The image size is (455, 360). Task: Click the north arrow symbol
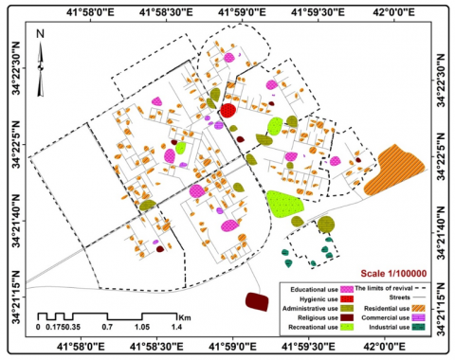coord(42,63)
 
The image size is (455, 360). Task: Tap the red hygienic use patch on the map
coord(228,111)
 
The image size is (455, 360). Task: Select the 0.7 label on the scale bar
coord(106,326)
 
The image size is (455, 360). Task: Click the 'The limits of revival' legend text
coord(391,287)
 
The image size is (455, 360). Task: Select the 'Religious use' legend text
coord(311,317)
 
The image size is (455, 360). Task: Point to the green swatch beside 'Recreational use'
coord(346,328)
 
